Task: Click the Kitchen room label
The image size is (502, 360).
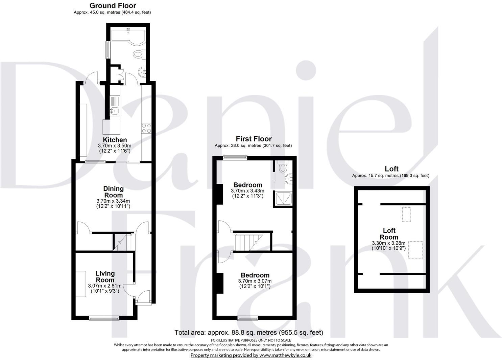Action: click(x=115, y=140)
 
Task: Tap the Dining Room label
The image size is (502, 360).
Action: click(x=114, y=192)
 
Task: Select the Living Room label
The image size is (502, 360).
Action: click(x=105, y=276)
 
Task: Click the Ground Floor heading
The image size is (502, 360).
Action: click(x=113, y=5)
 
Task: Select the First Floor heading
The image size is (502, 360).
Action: click(x=254, y=139)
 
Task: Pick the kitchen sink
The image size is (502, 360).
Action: click(x=114, y=110)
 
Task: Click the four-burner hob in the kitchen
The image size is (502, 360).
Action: click(x=146, y=128)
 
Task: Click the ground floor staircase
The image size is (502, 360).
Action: click(x=123, y=242)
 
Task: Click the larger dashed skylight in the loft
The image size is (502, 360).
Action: click(x=415, y=250)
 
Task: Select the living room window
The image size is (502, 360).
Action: click(x=104, y=317)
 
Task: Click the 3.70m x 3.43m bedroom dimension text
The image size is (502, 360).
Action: click(x=248, y=191)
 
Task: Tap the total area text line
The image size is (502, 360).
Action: click(x=248, y=333)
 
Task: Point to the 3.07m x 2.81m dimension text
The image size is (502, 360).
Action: click(x=104, y=286)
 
